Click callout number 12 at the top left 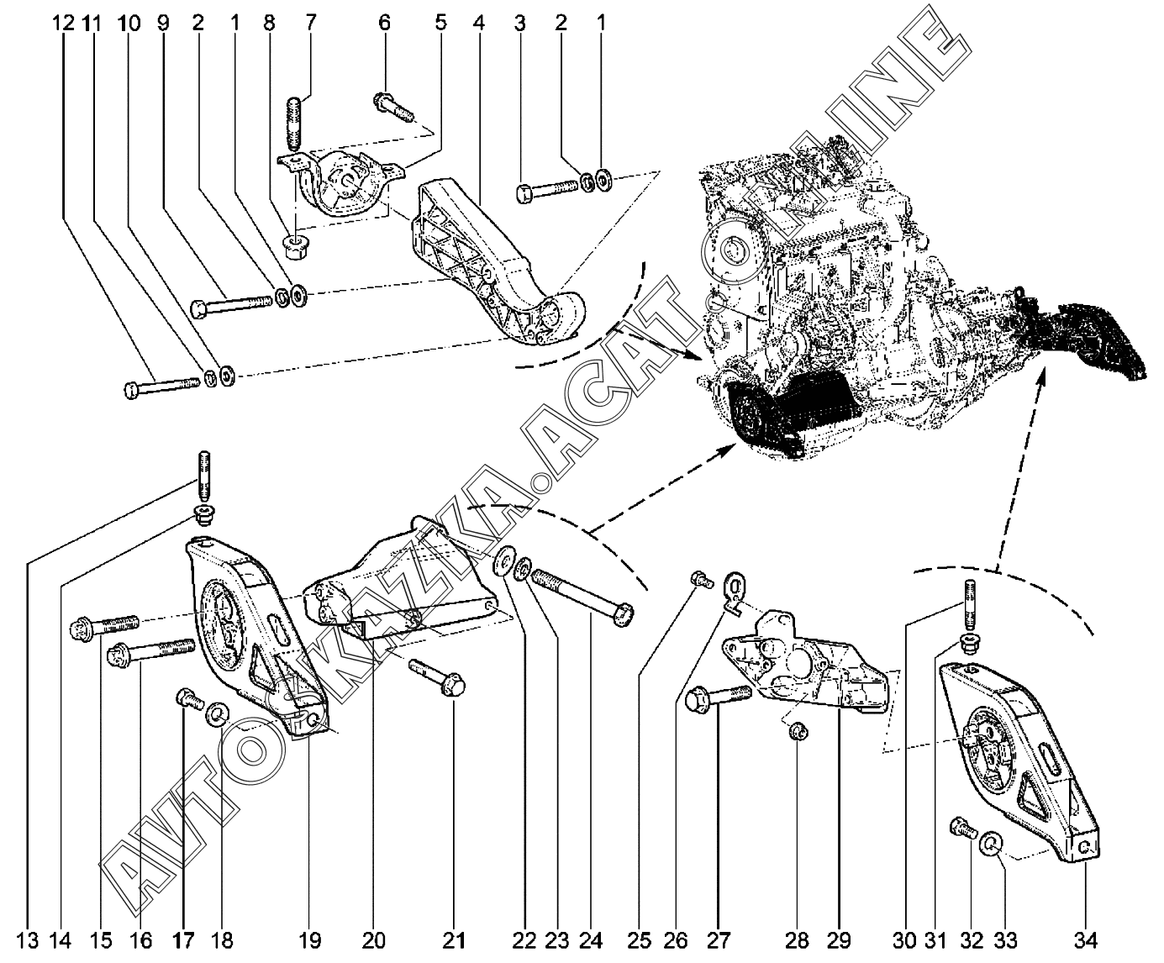pos(63,24)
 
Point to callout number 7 pos(311,24)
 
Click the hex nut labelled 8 pos(295,246)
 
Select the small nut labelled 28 pos(798,733)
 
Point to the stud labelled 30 pos(969,605)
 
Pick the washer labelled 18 pos(216,714)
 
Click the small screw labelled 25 pos(699,578)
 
